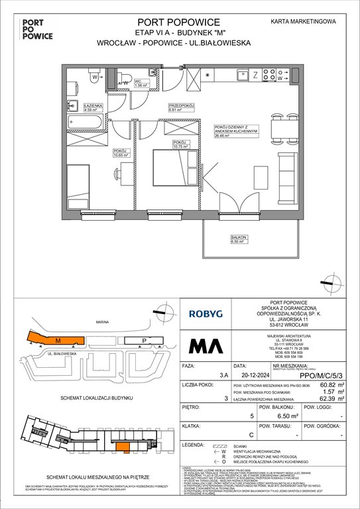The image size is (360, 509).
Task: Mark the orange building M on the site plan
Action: coord(58,340)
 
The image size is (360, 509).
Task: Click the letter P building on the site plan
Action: coord(145,341)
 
